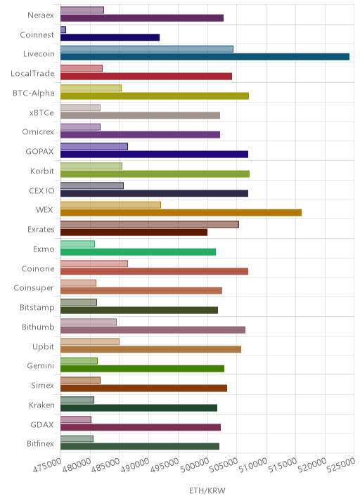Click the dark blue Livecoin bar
[x=205, y=57]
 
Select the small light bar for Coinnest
[x=63, y=30]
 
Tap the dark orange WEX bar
[x=181, y=213]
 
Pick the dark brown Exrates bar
[x=134, y=233]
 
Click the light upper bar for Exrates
[x=150, y=224]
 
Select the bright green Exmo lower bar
[x=138, y=251]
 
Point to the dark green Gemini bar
[x=142, y=369]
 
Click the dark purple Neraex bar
[x=142, y=18]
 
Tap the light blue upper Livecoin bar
[x=147, y=49]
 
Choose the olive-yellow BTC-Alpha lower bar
[x=155, y=96]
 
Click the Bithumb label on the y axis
[x=38, y=327]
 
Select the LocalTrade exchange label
[x=32, y=74]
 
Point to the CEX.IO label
[x=41, y=190]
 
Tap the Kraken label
[x=41, y=405]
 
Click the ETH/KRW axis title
[x=207, y=491]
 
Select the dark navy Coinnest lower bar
[x=110, y=37]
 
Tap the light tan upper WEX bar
[x=111, y=205]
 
